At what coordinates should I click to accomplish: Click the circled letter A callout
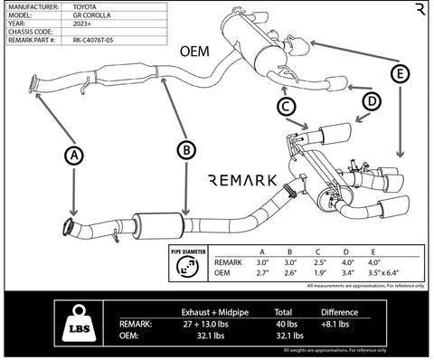(74, 156)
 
